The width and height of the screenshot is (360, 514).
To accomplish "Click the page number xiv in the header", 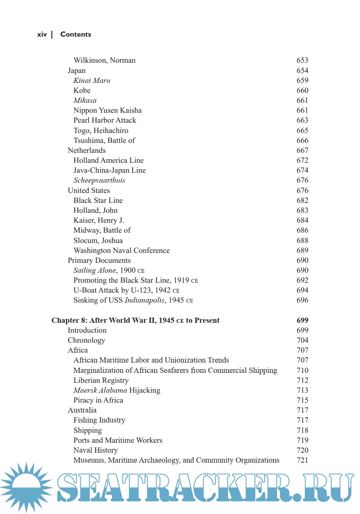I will [42, 35].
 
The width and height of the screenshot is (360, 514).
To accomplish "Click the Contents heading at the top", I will [75, 34].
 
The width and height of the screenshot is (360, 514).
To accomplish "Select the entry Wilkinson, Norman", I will [104, 60].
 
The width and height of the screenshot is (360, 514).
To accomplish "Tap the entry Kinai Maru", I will [92, 81].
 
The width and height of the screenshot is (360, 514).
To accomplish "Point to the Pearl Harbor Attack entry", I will [105, 120].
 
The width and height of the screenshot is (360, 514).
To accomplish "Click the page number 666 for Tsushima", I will [302, 140].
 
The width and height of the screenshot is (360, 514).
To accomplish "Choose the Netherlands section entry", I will [87, 150].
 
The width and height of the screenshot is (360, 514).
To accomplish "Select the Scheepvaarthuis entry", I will [99, 180].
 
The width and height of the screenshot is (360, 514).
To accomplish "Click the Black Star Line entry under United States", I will [98, 200].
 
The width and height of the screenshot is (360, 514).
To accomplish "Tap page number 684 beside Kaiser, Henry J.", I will [302, 220].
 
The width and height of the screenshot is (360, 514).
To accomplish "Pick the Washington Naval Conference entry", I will [121, 250].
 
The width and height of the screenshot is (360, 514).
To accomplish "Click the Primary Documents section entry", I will [99, 260].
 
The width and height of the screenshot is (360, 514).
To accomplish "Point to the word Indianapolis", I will [144, 300].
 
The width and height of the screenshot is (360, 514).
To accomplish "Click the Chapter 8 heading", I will [135, 320].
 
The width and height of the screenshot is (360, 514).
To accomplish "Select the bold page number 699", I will [302, 320].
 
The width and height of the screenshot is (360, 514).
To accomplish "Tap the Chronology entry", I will [86, 340].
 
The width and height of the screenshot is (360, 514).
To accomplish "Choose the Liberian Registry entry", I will [101, 380].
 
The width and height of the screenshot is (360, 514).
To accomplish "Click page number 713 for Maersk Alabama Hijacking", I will [302, 390].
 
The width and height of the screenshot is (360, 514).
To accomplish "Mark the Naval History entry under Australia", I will [95, 450].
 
